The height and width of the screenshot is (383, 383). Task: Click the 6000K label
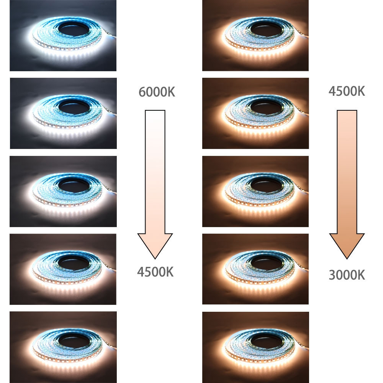[157, 92]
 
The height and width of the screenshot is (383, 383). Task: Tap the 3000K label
[347, 275]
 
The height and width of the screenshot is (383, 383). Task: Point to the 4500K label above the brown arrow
[347, 91]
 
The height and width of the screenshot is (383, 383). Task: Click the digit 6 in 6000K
[142, 92]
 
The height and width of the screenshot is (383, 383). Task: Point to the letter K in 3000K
[360, 275]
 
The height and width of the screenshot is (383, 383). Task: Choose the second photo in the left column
[63, 113]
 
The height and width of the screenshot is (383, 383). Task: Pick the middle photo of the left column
[63, 191]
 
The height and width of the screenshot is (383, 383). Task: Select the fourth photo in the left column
[63, 269]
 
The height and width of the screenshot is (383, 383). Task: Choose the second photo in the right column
[255, 113]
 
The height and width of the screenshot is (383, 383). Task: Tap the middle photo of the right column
[255, 191]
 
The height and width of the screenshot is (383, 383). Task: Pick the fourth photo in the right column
[255, 269]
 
